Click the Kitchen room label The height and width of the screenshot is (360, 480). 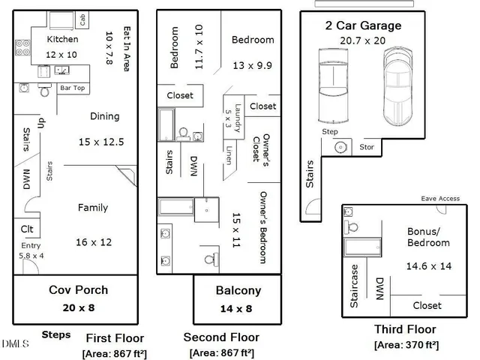click(x=62, y=39)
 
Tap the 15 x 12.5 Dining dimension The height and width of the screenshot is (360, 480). click(x=101, y=142)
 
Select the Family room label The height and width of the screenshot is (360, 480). click(x=93, y=208)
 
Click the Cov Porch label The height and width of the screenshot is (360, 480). click(x=78, y=290)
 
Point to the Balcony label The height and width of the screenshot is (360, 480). click(x=238, y=291)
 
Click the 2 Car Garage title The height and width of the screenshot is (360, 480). click(x=362, y=25)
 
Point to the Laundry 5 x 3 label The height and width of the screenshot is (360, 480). click(x=233, y=118)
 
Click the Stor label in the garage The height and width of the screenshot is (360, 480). click(x=367, y=147)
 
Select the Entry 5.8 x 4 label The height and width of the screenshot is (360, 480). click(x=31, y=250)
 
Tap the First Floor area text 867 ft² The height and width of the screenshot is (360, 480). click(x=115, y=352)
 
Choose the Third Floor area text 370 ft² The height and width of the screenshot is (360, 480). click(x=406, y=345)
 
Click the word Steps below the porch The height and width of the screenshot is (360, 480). click(x=56, y=334)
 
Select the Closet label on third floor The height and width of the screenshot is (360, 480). click(x=427, y=305)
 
